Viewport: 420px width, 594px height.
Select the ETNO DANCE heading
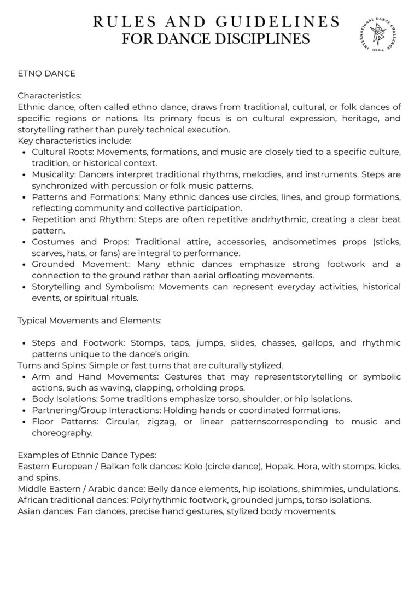46,73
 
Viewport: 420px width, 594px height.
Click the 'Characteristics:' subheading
50,95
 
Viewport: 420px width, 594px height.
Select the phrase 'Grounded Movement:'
71,264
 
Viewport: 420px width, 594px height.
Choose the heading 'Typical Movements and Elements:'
89,320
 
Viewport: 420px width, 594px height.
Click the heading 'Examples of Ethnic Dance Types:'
87,455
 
